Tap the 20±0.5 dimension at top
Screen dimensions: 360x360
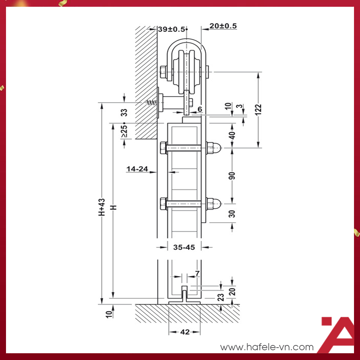(x=223, y=26)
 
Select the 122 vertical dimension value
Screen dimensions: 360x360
(x=258, y=108)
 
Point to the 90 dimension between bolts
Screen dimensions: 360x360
(x=232, y=175)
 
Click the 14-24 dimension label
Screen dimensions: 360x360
(x=137, y=169)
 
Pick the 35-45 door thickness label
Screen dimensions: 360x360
(x=184, y=247)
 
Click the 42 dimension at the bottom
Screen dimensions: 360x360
(x=185, y=332)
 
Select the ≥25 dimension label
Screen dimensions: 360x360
(x=124, y=132)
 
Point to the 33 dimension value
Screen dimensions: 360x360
(x=124, y=112)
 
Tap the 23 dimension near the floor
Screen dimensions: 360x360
(x=221, y=297)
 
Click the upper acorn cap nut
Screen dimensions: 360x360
(x=214, y=148)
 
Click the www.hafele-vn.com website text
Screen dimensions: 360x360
(x=267, y=347)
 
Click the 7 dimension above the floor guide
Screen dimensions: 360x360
(x=197, y=273)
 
